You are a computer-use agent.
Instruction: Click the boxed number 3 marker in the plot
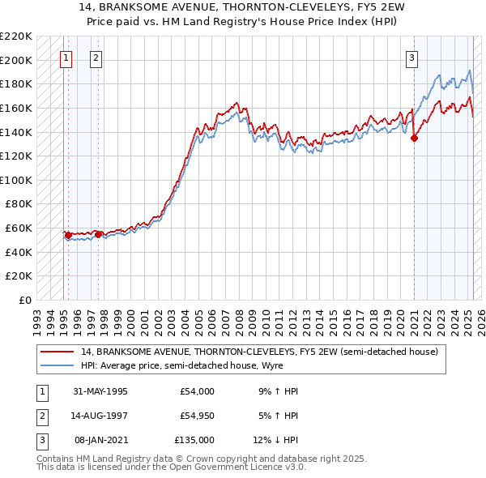412,58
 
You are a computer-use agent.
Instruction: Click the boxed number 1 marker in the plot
66,58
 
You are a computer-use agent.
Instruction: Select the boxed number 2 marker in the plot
96,58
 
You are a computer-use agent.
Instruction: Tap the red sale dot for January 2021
414,138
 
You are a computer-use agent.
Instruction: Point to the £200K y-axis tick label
16,60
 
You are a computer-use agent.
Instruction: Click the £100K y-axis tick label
16,180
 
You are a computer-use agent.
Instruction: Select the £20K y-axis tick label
19,276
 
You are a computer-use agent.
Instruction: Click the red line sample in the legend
58,352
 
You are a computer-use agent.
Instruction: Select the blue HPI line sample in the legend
58,366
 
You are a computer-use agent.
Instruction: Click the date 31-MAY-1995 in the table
100,391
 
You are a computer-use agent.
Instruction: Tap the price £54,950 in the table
197,416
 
